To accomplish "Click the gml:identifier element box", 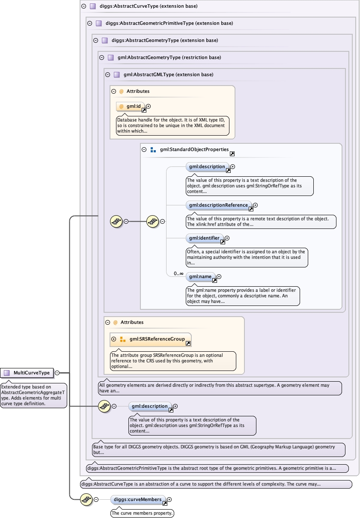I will click(205, 238).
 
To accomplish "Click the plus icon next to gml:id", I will click(149, 106).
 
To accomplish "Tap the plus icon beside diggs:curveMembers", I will click(170, 499).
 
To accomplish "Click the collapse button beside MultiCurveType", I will click(57, 373).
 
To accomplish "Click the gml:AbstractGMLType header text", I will click(168, 74).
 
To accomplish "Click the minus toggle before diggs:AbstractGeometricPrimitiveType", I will click(89, 24).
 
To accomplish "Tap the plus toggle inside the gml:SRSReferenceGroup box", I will click(114, 339).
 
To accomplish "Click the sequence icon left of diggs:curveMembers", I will click(86, 499).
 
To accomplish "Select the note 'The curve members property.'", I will click(143, 513).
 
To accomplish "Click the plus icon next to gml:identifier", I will click(227, 238).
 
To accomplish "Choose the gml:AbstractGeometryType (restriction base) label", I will click(169, 57).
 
